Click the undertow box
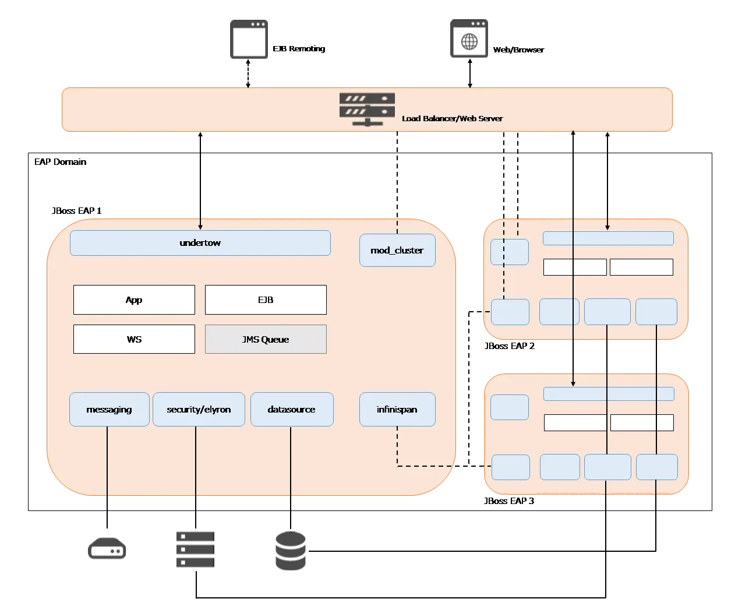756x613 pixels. (200, 243)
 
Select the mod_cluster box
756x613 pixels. (397, 251)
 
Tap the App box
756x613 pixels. (134, 300)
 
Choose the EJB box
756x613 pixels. (266, 300)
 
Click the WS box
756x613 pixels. (134, 339)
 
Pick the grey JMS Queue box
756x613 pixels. (266, 339)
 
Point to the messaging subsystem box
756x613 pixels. (109, 410)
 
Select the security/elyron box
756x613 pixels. (199, 410)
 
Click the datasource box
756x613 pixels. (292, 410)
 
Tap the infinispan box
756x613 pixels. (397, 410)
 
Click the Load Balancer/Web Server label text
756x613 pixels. (452, 118)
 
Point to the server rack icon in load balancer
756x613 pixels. (367, 109)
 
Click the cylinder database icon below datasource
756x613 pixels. (291, 551)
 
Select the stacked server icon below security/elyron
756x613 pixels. (193, 548)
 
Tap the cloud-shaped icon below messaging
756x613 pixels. (105, 549)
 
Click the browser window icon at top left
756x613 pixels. (249, 40)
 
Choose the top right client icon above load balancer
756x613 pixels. (468, 40)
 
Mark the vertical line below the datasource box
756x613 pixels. (291, 463)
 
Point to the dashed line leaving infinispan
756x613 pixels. (397, 449)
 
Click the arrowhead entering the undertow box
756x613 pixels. (200, 227)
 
